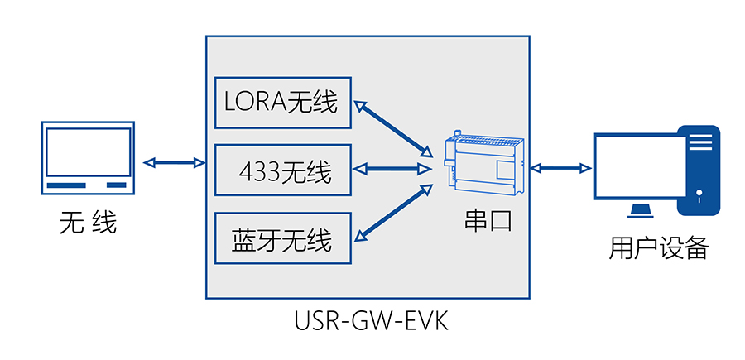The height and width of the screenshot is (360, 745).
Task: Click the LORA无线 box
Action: point(282,103)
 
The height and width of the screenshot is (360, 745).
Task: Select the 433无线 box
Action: point(282,170)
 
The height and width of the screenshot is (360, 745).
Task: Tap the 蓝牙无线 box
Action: point(282,239)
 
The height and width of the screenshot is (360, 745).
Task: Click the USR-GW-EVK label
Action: point(371,320)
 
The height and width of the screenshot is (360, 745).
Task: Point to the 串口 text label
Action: point(488,220)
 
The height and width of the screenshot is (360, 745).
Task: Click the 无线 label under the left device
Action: point(88,222)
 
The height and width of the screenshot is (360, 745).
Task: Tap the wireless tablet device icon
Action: point(88,157)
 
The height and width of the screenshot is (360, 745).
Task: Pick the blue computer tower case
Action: point(700,170)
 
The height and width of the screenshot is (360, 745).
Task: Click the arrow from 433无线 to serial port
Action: point(394,169)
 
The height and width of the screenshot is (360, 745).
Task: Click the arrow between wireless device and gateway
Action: point(174,162)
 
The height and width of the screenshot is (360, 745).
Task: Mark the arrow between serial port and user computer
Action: point(560,169)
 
